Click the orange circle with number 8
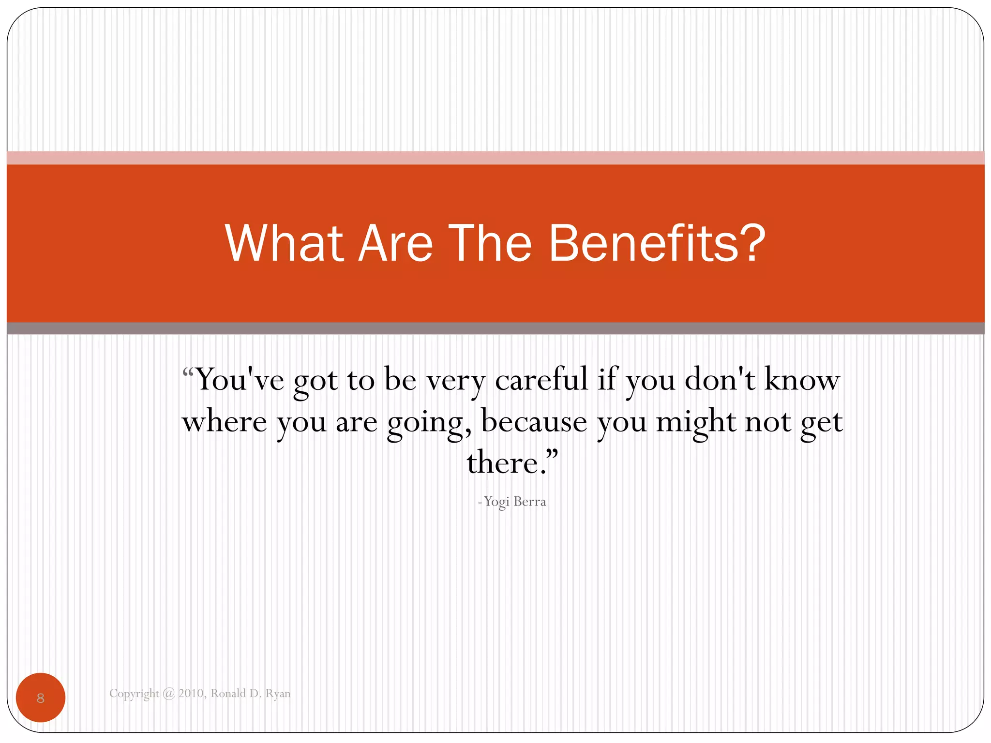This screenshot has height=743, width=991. (41, 698)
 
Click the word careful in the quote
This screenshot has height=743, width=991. (541, 379)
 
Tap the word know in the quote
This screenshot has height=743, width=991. (802, 379)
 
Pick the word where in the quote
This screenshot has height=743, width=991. (224, 422)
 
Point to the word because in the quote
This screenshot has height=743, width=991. (534, 422)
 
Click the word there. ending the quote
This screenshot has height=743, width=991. (508, 463)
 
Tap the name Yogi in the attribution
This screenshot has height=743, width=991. (496, 502)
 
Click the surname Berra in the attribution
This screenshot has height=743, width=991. (530, 502)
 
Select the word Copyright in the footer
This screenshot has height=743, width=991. (134, 694)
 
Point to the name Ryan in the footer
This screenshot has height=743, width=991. (278, 694)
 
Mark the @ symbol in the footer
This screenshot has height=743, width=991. (168, 694)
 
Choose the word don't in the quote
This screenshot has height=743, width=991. (720, 379)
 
